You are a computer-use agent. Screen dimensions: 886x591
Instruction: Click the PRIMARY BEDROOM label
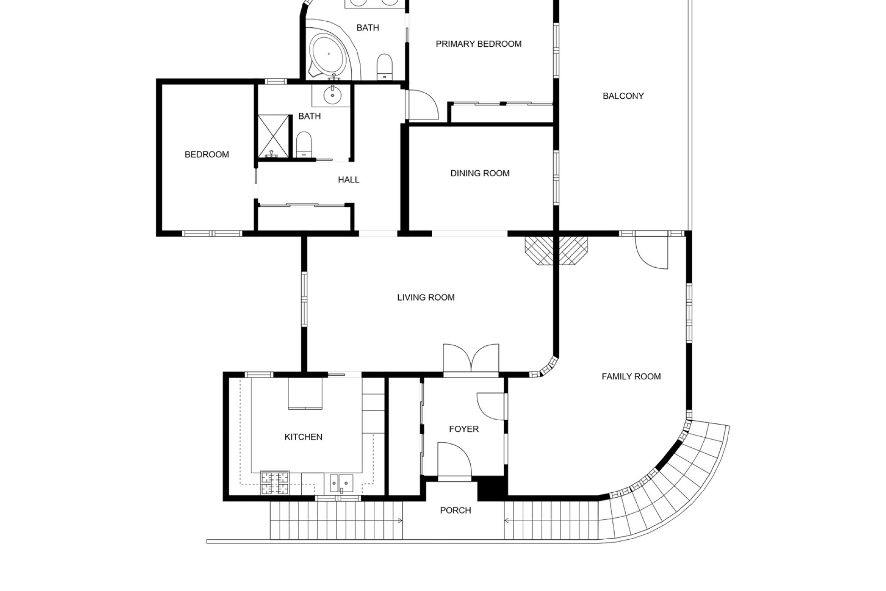tap(479, 44)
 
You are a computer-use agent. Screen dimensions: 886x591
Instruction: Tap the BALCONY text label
tap(623, 96)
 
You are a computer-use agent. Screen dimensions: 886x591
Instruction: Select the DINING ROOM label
tap(480, 173)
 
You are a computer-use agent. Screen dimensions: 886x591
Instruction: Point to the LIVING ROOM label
tap(426, 297)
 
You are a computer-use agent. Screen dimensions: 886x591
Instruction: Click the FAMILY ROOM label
tap(631, 376)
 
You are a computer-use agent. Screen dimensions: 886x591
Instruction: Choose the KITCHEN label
tap(303, 437)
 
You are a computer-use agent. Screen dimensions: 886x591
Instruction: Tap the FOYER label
tap(464, 429)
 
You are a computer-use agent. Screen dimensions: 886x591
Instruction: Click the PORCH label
tap(455, 510)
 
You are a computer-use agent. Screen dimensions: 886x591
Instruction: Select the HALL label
tap(348, 180)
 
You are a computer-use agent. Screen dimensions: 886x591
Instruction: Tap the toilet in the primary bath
tap(384, 66)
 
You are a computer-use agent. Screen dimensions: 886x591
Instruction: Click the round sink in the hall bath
tap(332, 96)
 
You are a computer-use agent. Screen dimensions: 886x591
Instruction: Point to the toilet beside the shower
tap(304, 145)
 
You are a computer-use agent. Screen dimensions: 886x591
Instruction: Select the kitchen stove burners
tap(275, 482)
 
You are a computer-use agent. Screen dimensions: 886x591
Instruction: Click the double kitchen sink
tap(341, 483)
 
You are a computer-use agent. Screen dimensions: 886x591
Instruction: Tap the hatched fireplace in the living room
tap(557, 250)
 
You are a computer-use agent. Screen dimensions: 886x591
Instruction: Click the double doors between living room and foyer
tap(471, 361)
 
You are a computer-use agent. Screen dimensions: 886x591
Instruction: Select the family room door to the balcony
tap(652, 250)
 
